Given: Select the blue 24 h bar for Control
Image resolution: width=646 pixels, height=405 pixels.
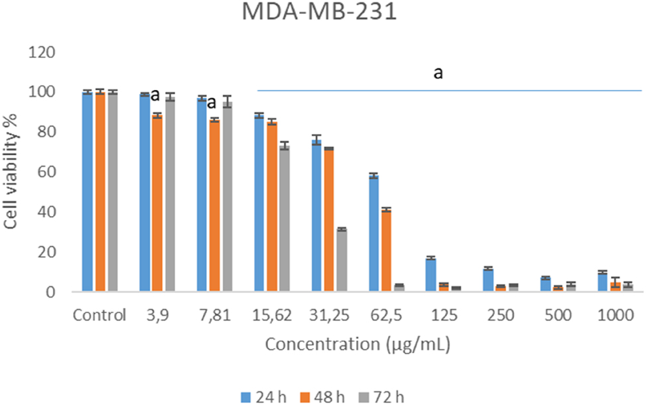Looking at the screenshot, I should [88, 192].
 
